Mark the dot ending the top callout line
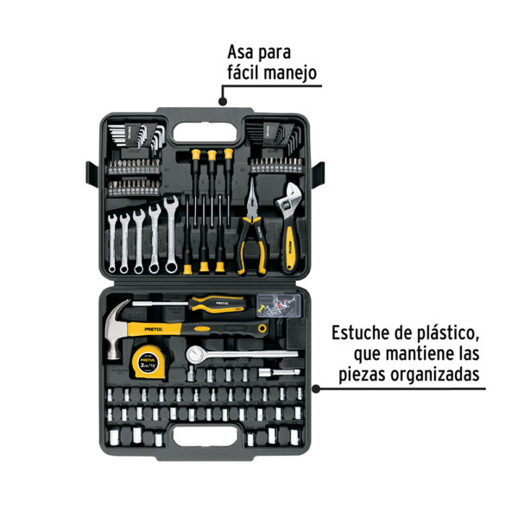coord(223,100)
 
